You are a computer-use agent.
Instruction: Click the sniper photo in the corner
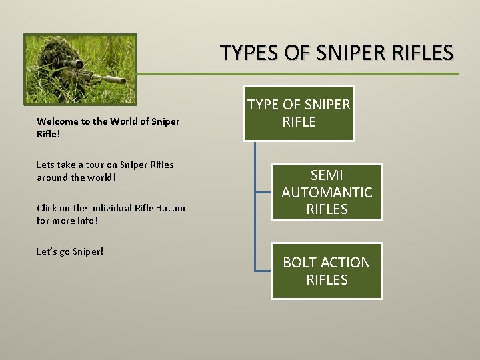[80, 69]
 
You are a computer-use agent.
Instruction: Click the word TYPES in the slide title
[245, 52]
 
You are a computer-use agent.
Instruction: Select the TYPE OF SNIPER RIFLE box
[299, 113]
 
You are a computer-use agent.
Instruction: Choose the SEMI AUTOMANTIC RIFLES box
[326, 192]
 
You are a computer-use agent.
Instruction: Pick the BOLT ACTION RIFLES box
[326, 271]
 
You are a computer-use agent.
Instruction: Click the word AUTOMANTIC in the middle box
[327, 193]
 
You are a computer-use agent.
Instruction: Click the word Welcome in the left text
[57, 122]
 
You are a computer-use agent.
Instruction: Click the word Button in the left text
[171, 209]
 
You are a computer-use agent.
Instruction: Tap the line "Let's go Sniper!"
[70, 252]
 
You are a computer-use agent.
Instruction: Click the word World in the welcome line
[125, 122]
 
